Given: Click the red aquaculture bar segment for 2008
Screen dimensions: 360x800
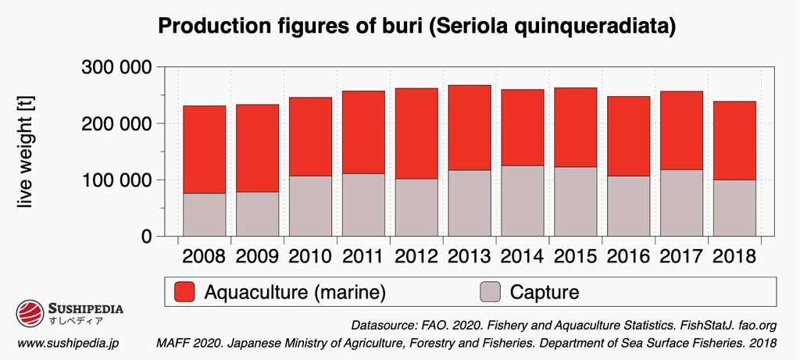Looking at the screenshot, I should [x=204, y=149].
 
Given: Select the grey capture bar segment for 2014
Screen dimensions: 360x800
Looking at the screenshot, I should [x=523, y=201].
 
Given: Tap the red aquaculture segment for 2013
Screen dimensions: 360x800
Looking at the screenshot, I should [x=470, y=127].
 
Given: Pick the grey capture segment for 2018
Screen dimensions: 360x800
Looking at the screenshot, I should [x=735, y=208].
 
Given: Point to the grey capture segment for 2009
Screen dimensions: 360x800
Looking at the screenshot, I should [x=257, y=214].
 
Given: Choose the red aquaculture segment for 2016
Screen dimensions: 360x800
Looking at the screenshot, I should [x=629, y=136].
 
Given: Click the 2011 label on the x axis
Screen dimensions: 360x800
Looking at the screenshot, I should [x=363, y=256].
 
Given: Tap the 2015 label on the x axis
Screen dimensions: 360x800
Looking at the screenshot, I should [x=576, y=256].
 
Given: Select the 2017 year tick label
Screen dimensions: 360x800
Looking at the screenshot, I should [x=682, y=256].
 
